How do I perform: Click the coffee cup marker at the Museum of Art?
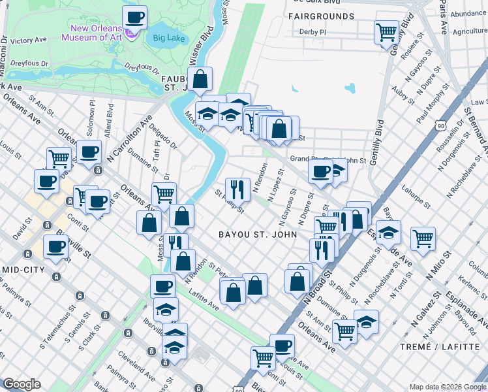tap(134, 18)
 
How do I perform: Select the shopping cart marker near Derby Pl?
tap(386, 32)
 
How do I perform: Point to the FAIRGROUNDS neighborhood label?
tap(324, 16)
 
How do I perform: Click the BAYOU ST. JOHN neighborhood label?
tap(258, 234)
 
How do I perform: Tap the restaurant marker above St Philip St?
tap(237, 189)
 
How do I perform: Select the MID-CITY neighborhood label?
tap(24, 269)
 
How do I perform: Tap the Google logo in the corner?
tap(22, 384)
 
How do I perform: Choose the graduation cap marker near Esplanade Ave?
tap(388, 233)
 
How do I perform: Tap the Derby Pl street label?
tap(312, 31)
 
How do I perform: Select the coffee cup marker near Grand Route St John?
tap(320, 171)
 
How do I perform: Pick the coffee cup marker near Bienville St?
tap(55, 248)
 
